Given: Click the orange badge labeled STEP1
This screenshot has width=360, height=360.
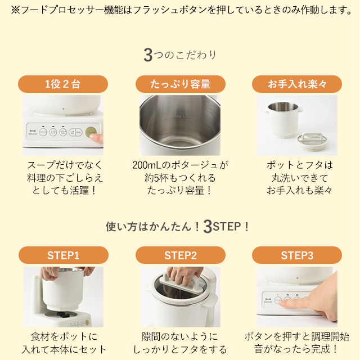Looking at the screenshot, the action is click(64, 255).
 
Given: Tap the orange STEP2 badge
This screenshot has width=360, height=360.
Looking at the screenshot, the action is click(181, 255).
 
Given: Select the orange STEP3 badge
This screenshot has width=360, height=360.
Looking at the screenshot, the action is click(297, 255).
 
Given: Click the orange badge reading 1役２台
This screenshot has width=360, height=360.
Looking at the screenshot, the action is click(63, 84).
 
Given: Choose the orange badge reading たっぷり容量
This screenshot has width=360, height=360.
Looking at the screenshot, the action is click(181, 84).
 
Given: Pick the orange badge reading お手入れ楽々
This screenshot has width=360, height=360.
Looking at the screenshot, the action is click(297, 84).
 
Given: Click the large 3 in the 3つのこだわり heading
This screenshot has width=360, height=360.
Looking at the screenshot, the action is click(148, 55).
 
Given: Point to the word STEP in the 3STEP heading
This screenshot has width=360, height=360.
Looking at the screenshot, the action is click(227, 227).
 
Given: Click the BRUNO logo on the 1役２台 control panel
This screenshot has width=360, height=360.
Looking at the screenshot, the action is click(33, 132).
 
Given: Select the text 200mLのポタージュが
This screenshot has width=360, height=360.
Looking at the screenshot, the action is click(180, 165).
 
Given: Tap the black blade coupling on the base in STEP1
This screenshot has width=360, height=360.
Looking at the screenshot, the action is click(61, 314).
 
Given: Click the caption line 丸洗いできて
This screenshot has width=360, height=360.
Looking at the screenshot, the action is click(300, 178).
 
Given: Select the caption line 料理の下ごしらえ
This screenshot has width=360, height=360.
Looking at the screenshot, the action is click(65, 178).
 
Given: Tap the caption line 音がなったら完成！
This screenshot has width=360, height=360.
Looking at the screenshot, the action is click(296, 349).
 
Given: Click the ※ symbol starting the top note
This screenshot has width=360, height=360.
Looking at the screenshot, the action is click(16, 10).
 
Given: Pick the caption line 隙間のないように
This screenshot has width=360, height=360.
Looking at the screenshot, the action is click(180, 336).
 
